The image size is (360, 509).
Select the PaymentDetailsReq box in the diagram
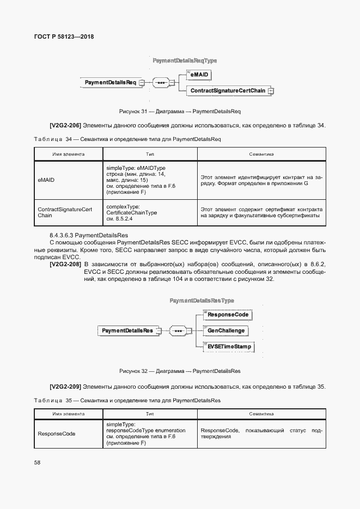[110, 83]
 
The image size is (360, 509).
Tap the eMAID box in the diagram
[200, 74]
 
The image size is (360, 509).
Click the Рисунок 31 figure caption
[180, 111]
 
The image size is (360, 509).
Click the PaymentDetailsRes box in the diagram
[127, 330]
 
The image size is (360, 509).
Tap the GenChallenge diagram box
[226, 330]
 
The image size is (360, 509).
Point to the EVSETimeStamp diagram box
[229, 346]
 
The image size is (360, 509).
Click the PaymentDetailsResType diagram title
[202, 300]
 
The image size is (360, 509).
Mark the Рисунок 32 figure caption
[180, 371]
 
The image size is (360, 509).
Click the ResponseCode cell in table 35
[56, 434]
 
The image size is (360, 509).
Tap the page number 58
[37, 463]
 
